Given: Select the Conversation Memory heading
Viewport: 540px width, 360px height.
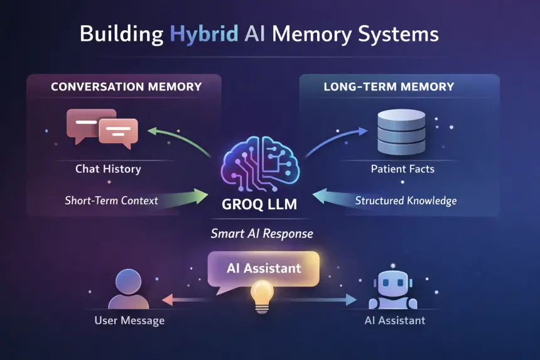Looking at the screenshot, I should (x=126, y=87).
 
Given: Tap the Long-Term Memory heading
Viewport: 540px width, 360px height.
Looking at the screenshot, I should (x=389, y=87).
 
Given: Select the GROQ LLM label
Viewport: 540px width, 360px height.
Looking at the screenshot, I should (x=260, y=205).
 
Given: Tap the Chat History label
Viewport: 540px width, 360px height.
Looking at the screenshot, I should (x=108, y=168).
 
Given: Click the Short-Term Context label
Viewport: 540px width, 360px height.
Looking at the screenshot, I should (x=111, y=201).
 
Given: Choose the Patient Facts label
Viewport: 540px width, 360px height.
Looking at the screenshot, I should (x=402, y=168).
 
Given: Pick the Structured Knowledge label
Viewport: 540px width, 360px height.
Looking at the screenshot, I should (x=406, y=201).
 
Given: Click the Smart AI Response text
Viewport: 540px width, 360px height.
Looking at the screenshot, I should (x=262, y=233).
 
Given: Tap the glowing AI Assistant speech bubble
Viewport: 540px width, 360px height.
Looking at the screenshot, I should (x=264, y=268).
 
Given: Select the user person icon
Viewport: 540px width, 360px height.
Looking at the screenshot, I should (x=129, y=290).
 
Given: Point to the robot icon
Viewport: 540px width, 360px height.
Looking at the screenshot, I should (x=392, y=290).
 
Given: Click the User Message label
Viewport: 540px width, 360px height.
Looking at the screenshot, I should (x=129, y=320).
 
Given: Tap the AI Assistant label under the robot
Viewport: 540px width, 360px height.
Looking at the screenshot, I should (x=394, y=320).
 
